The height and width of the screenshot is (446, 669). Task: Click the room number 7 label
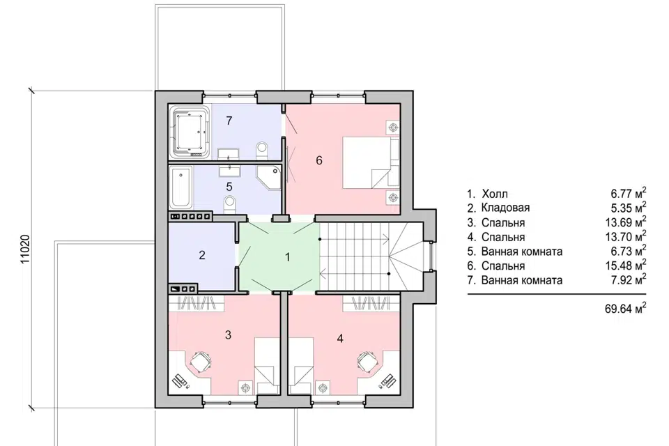229,121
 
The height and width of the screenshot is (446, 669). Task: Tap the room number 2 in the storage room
202,255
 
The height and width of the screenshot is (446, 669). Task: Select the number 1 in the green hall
288,257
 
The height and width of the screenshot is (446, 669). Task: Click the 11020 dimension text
26,249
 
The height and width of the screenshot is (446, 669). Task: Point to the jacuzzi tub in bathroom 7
190,132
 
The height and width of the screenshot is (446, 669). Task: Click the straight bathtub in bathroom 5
181,187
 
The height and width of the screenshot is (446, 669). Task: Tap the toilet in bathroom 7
261,151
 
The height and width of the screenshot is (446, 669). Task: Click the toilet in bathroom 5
229,203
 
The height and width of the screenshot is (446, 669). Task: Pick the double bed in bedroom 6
371,162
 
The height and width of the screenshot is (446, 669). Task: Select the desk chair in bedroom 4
368,362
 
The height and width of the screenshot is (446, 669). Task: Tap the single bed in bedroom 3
267,366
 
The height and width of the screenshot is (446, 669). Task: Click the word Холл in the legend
495,194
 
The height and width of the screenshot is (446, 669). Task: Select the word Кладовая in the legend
506,208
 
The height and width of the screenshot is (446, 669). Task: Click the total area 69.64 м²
625,308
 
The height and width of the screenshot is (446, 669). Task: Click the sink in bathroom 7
229,154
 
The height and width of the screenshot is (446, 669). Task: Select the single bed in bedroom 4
300,366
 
